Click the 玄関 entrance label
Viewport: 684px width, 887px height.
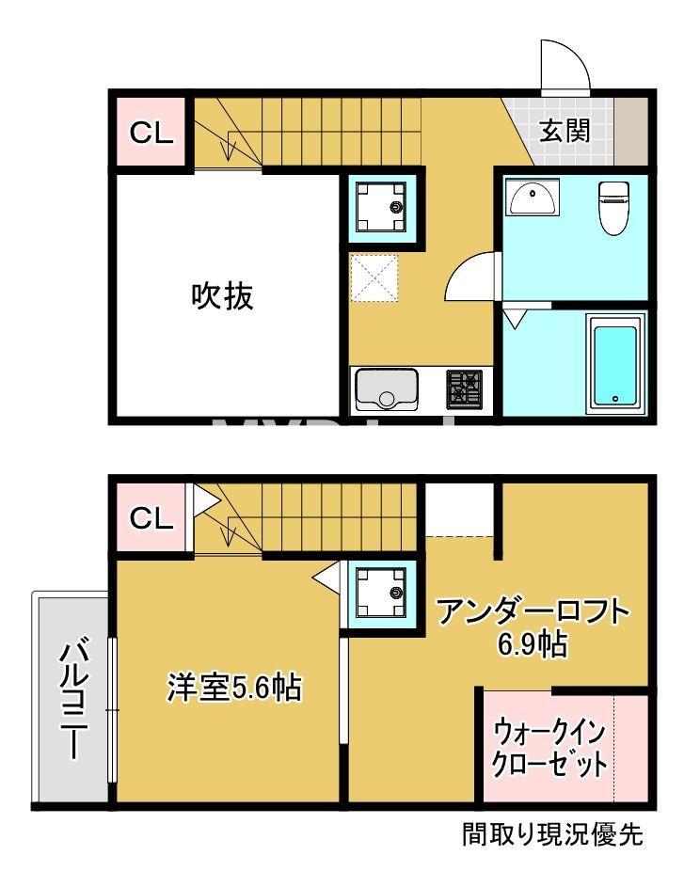pos(565,130)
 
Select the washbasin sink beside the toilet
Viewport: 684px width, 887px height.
pos(533,198)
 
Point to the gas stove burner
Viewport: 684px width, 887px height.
pos(464,389)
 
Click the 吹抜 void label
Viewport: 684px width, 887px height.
pos(223,296)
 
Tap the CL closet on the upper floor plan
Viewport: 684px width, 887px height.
pos(151,133)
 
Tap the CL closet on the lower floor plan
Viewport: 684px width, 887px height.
pos(151,518)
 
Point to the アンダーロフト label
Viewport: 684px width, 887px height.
pos(532,613)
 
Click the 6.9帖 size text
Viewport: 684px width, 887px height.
pos(531,647)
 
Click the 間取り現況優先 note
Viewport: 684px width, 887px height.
pos(552,833)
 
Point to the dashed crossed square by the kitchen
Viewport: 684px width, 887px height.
pos(374,278)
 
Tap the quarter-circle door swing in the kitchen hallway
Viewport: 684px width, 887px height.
pos(472,277)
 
